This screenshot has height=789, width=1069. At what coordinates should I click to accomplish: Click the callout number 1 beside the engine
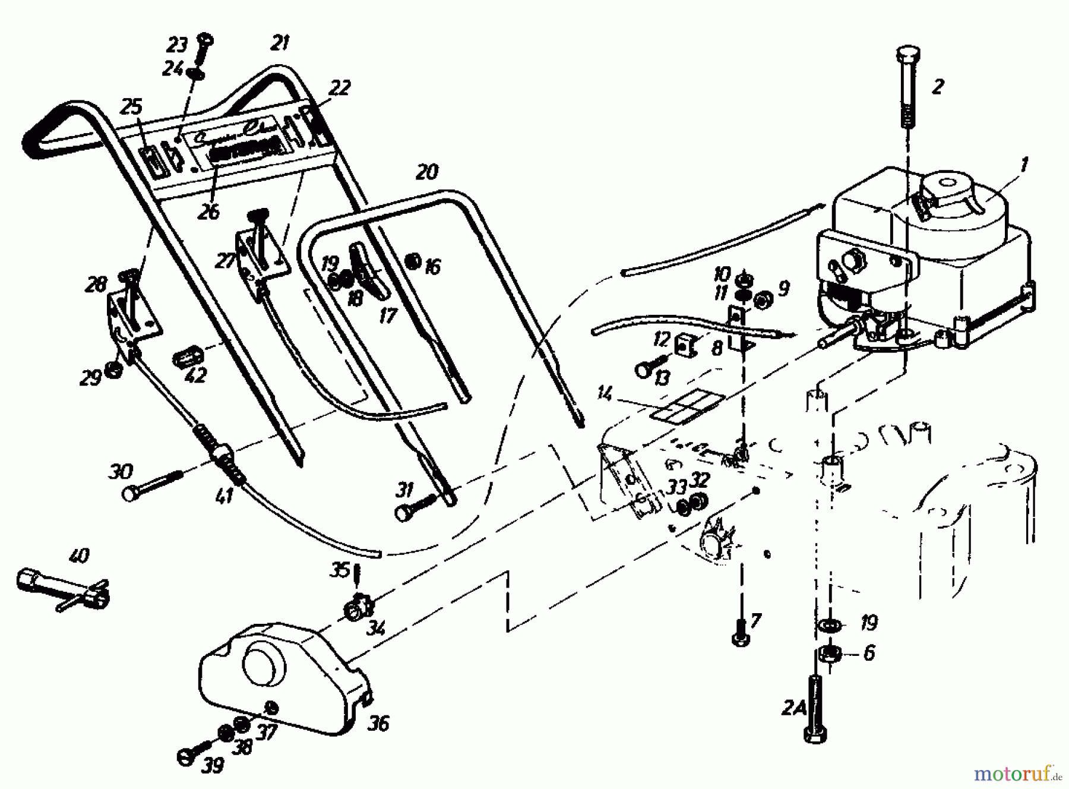coord(1023,165)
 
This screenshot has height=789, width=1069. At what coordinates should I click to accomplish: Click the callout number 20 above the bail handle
coord(426,173)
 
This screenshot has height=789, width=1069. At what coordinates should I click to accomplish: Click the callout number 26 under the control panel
coord(208,212)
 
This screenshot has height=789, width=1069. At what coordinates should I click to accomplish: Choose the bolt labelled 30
coord(151,484)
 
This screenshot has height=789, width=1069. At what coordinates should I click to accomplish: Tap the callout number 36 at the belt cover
coord(378,724)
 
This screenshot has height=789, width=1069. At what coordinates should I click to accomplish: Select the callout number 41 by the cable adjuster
coord(224,494)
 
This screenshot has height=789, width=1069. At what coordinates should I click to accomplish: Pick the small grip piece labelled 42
coord(188,358)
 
